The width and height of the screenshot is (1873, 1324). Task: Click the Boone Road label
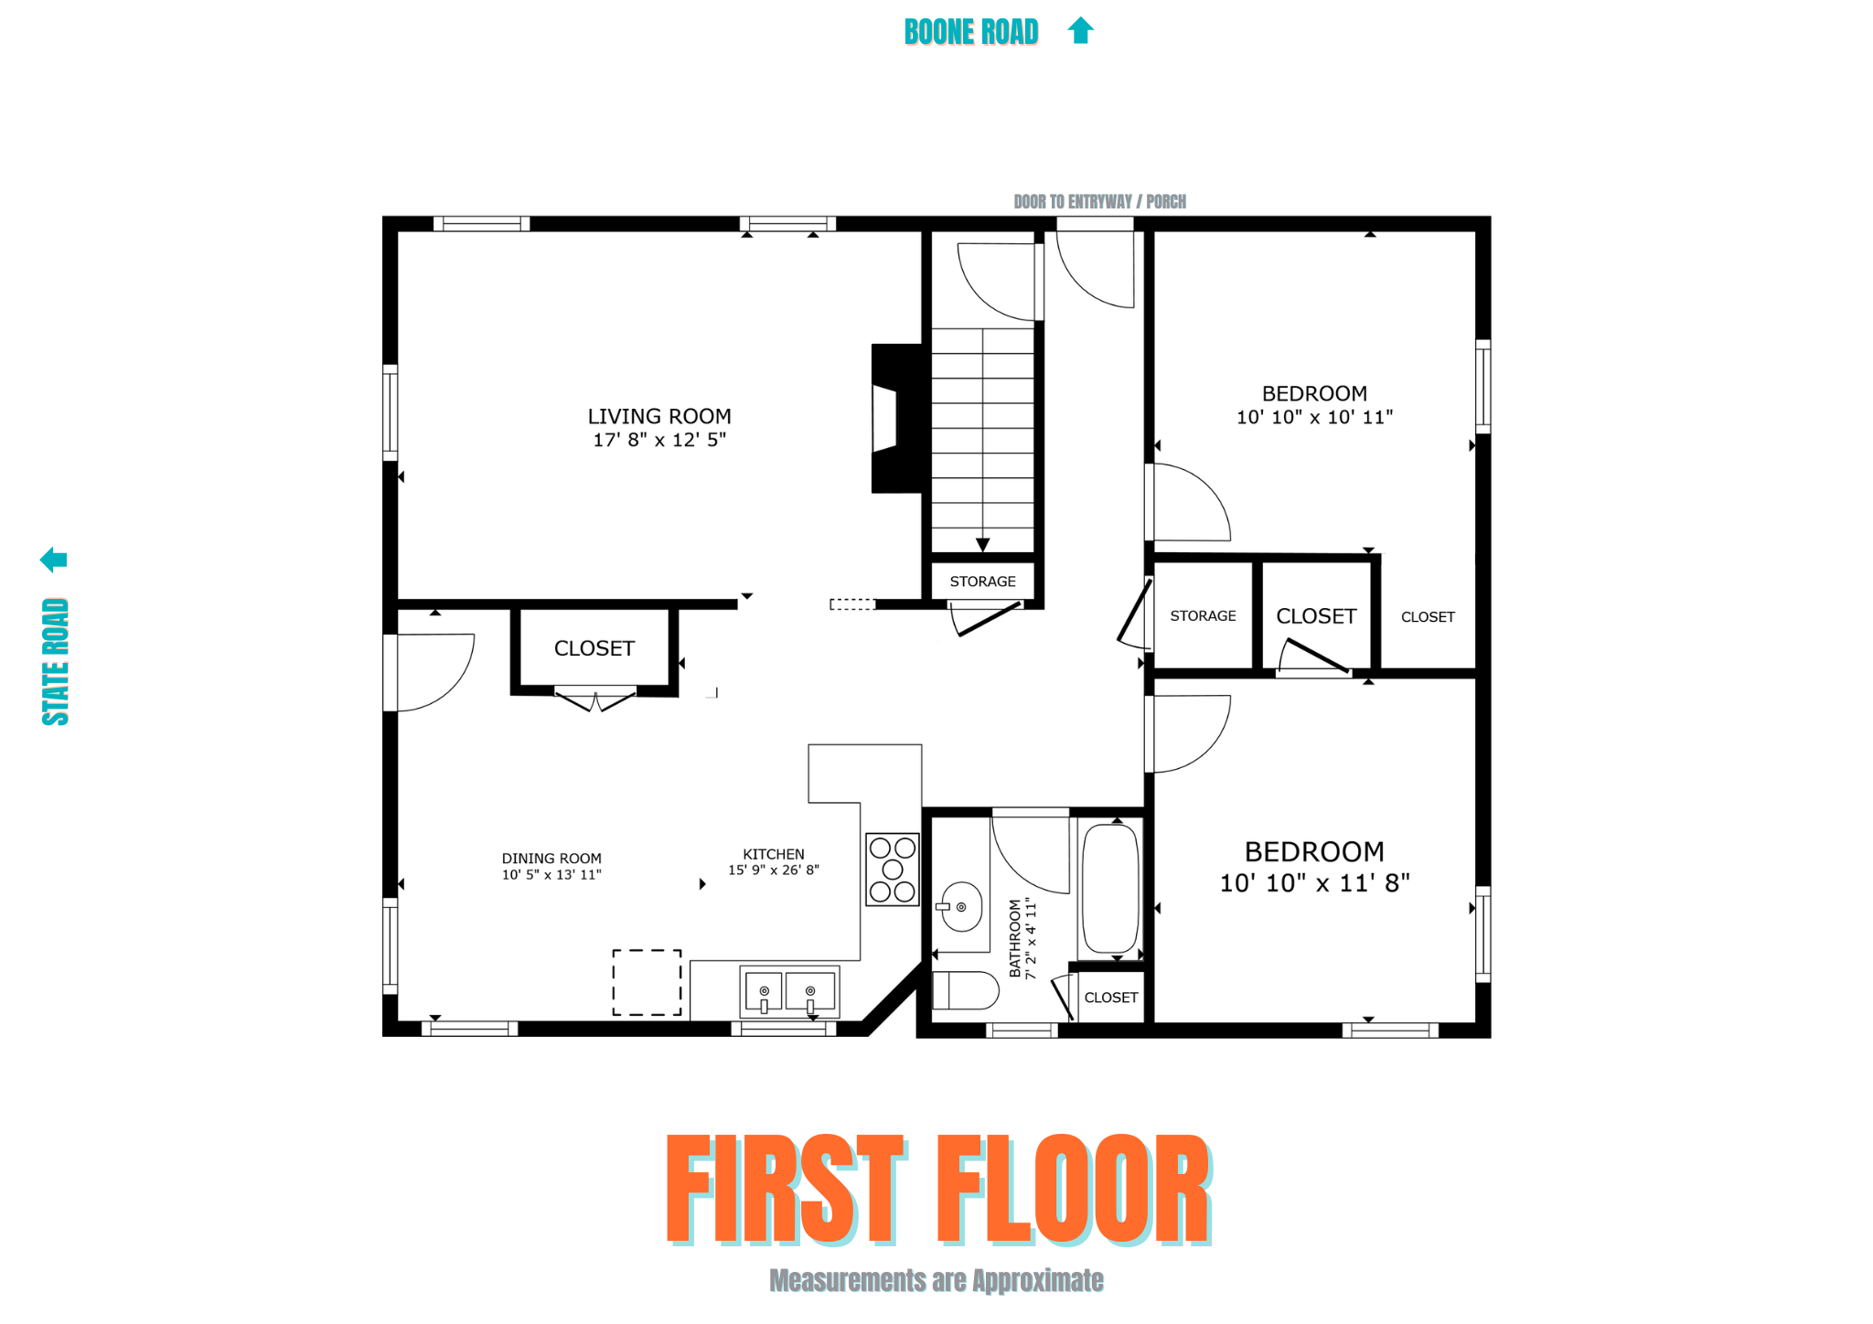[x=970, y=32]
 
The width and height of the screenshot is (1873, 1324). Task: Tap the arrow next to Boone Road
[x=1081, y=30]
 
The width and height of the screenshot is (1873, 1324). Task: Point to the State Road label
[x=56, y=661]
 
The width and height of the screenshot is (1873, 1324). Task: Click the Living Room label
[x=658, y=416]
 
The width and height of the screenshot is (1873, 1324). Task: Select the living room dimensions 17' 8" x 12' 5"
[x=658, y=440]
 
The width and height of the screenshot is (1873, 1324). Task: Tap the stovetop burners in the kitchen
[x=893, y=870]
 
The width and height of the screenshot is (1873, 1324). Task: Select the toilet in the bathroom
[x=965, y=990]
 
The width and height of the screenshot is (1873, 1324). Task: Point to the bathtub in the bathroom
[x=1110, y=889]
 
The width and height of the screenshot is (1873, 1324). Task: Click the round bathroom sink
[x=961, y=907]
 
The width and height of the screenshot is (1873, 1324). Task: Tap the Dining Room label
[x=551, y=859]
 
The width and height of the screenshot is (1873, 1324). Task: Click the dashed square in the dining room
[x=647, y=982]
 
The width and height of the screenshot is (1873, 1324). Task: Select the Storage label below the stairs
[x=982, y=582]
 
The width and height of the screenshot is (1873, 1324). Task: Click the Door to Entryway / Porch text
[x=1099, y=201]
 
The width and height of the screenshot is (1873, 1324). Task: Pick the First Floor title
[x=938, y=1190]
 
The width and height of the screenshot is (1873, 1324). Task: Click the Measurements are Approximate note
[x=936, y=1281]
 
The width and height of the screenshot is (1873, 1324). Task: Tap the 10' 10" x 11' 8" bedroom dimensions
[x=1314, y=883]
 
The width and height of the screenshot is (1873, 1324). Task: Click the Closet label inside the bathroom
[x=1111, y=998]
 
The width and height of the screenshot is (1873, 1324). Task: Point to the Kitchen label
[x=774, y=854]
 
